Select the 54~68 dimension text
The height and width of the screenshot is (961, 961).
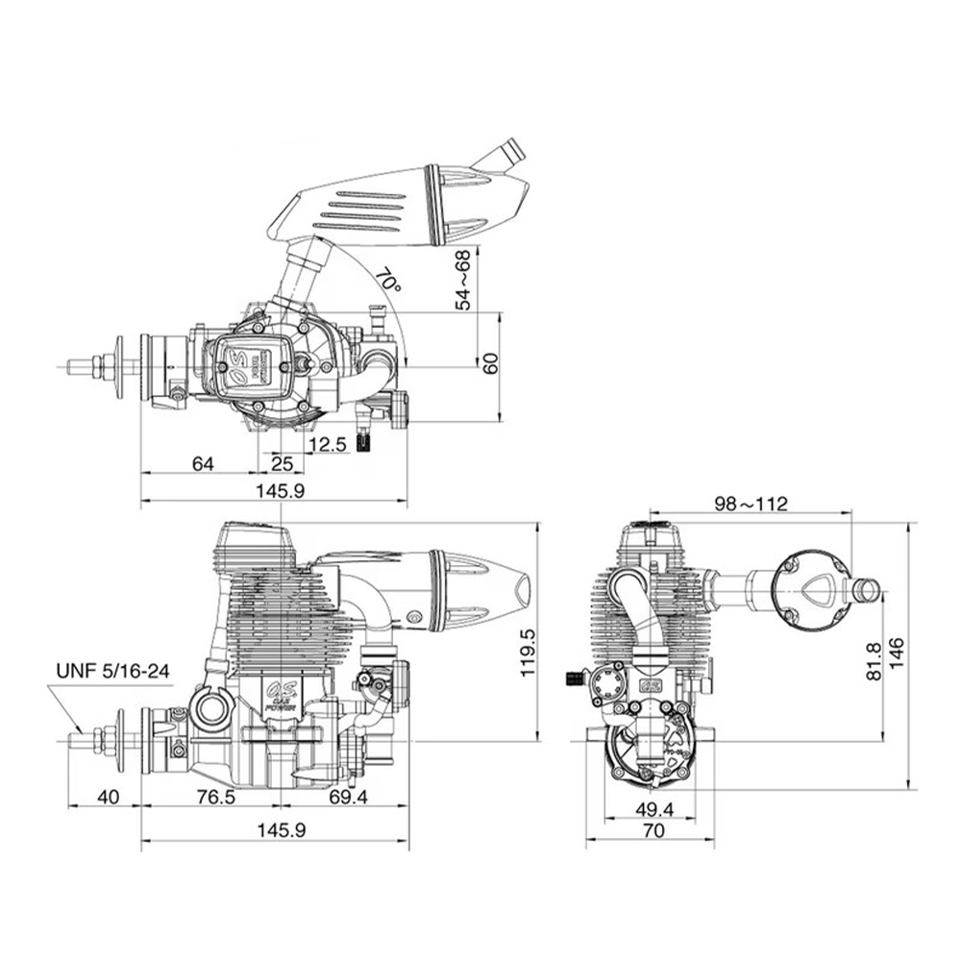[x=462, y=279]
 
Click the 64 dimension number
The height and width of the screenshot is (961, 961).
[x=202, y=464]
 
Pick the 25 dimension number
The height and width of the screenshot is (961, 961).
[x=281, y=464]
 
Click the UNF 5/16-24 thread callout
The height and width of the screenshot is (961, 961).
[x=113, y=670]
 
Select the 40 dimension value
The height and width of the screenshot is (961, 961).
[x=108, y=797]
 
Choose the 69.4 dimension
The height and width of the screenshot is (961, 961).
[x=348, y=797]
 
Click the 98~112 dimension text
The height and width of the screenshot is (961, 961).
[x=751, y=503]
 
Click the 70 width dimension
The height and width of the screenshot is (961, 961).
[x=653, y=833]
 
